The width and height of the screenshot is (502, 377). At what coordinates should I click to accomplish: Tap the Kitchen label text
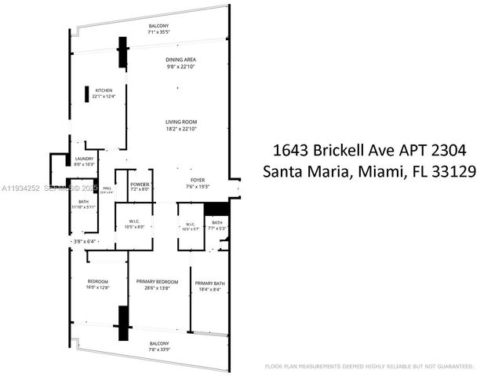[104, 90]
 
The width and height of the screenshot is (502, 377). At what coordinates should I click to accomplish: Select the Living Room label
[180, 122]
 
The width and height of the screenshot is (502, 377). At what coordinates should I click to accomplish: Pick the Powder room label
[140, 184]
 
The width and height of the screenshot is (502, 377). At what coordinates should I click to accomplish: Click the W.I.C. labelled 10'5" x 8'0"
[134, 226]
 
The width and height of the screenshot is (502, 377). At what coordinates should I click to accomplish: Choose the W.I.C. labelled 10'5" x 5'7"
[190, 229]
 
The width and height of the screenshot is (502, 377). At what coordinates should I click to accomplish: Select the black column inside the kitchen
[86, 93]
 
